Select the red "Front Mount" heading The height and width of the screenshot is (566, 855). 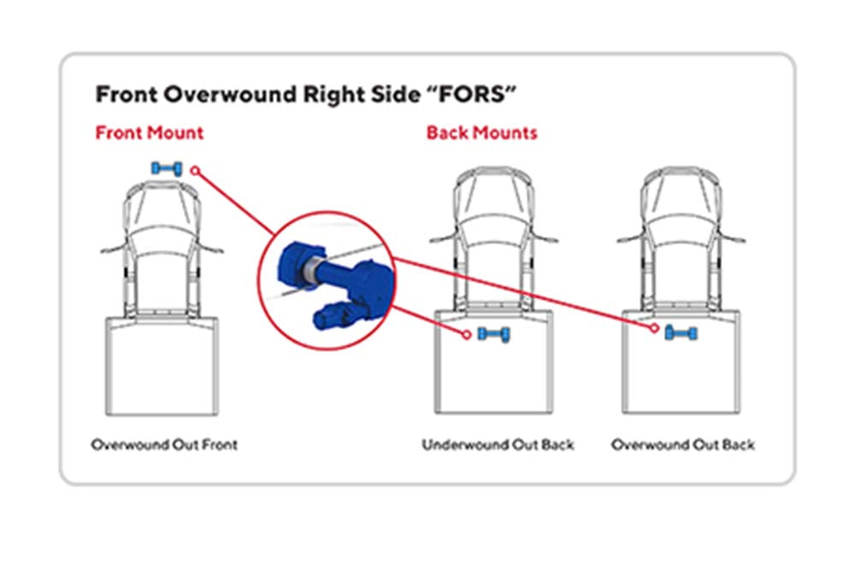coord(150,133)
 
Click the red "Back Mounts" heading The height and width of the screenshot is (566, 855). coord(482,133)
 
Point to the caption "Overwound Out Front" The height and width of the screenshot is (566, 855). coord(164,445)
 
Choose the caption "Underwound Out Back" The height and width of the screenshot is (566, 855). coord(498,445)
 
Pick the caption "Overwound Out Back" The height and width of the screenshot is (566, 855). coord(682,445)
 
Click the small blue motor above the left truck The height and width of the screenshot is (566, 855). coord(167,168)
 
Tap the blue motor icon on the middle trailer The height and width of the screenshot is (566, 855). coord(494,333)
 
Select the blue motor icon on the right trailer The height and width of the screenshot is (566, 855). coord(681,333)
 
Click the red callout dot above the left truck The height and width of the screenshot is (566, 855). coord(195,171)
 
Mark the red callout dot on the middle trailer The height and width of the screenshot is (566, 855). coord(466,335)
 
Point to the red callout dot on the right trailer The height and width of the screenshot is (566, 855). coord(654,328)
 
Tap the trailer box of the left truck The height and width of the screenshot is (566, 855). coord(162,366)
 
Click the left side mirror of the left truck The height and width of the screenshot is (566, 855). coord(113,249)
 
